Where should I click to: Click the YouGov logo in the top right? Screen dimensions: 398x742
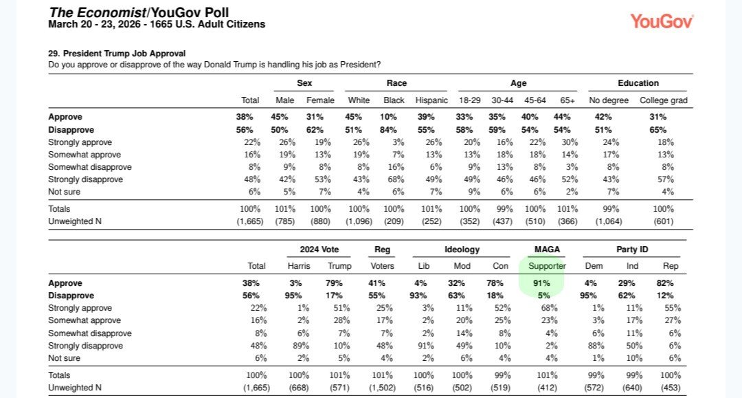tap(662, 21)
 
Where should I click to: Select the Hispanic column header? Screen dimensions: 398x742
tap(431, 100)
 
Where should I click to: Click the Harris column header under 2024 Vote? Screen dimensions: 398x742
tap(299, 266)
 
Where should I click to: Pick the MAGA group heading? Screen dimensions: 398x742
tap(546, 249)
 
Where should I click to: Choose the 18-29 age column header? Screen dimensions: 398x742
tap(470, 100)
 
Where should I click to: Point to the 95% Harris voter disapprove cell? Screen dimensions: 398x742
tap(299, 296)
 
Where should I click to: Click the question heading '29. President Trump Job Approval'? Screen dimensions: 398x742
tap(117, 54)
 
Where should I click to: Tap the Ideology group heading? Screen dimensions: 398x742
tap(462, 249)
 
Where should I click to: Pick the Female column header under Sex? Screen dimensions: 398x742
tap(320, 100)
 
